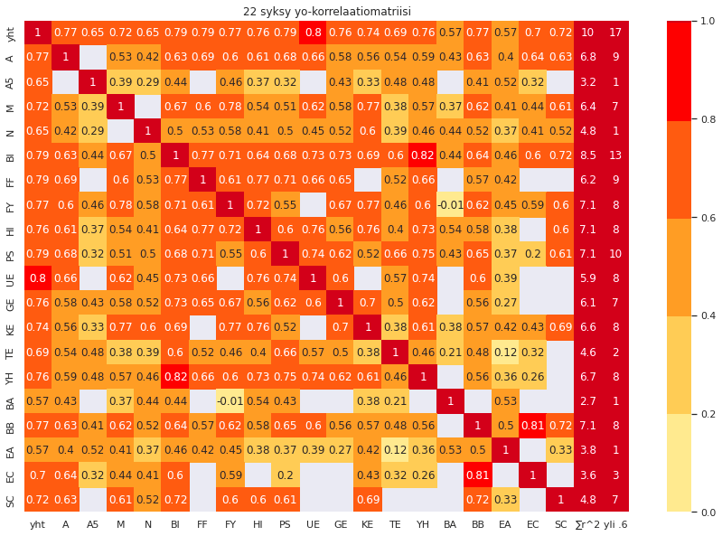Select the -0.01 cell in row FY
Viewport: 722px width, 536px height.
click(x=450, y=205)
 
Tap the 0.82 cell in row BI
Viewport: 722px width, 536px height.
click(x=422, y=155)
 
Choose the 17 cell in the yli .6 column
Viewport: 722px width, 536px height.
click(x=615, y=33)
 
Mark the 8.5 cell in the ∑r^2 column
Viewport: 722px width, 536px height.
click(x=587, y=155)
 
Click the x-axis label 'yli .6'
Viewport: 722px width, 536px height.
click(x=616, y=524)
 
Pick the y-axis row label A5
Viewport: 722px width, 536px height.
click(x=11, y=82)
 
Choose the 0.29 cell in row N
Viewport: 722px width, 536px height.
click(x=92, y=131)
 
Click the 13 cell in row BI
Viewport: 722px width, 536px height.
click(x=615, y=155)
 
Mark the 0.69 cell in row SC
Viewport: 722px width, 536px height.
click(x=367, y=499)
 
